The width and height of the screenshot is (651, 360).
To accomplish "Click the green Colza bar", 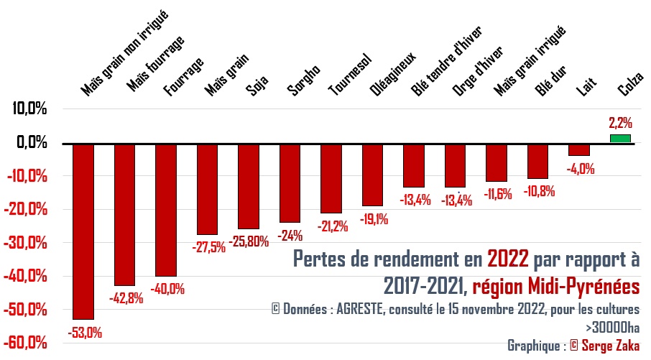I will pos(619,138).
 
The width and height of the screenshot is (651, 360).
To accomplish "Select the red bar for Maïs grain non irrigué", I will pos(84,230).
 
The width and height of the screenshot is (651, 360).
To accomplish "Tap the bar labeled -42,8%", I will pos(125,214).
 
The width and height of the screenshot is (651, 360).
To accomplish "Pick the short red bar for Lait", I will pos(579,149).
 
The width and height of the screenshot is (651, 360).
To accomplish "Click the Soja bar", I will pos(249,185).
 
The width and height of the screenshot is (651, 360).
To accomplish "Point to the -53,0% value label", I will pos(84,333).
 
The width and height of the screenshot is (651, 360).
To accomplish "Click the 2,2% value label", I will pos(620,122).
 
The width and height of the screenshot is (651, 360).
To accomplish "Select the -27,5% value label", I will pos(208,246).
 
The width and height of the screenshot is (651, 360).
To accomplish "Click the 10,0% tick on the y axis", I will pos(29,109).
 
